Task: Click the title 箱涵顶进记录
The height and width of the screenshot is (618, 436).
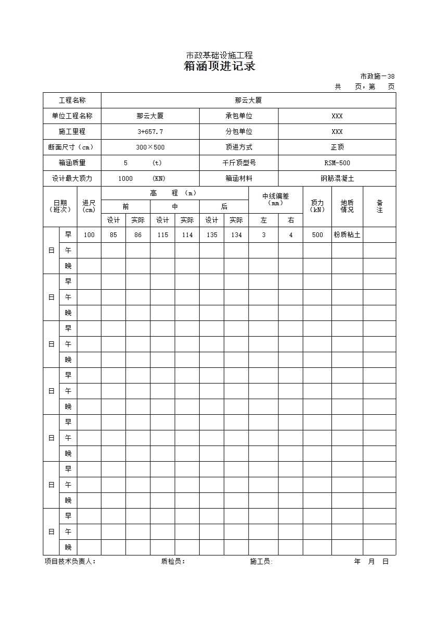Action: tap(220, 67)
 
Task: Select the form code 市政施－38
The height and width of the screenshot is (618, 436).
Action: tap(377, 76)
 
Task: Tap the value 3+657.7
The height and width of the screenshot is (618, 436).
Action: tap(150, 132)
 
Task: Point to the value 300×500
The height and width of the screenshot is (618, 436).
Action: tap(150, 147)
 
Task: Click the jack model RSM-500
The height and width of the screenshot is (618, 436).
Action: tap(337, 163)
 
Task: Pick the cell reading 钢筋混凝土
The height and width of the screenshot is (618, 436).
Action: tap(337, 179)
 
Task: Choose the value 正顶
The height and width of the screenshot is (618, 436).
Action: tap(337, 147)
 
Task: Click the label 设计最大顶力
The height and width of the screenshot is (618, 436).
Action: tap(72, 179)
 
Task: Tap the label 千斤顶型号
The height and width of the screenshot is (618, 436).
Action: tap(238, 163)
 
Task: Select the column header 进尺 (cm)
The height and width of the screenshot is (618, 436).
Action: tap(89, 206)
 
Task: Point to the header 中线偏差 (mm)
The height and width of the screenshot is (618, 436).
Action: tap(275, 200)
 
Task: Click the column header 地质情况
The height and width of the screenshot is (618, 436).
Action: tap(347, 206)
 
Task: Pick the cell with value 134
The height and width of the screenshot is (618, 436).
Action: tap(236, 235)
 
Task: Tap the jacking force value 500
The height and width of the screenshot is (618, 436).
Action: tap(317, 235)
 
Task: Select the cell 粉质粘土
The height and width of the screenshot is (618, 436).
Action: tap(347, 235)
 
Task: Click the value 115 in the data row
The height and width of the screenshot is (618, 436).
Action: tap(162, 235)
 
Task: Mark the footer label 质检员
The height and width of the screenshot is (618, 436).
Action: tap(173, 562)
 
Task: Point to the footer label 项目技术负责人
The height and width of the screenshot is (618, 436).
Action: tap(70, 562)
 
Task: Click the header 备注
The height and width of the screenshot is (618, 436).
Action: tap(379, 206)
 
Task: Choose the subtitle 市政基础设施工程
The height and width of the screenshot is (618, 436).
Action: tap(220, 56)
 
